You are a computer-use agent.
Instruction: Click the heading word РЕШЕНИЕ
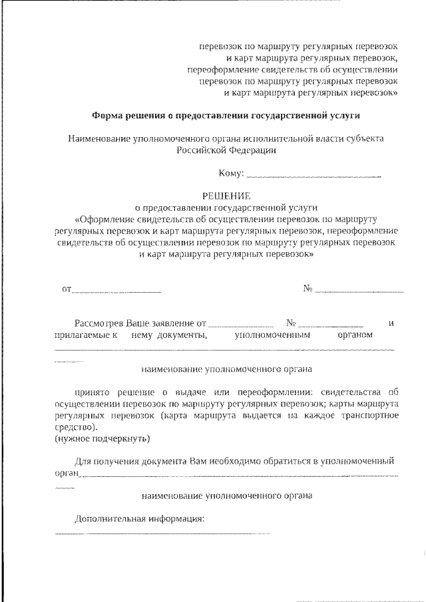point(226,196)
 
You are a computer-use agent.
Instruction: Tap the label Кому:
point(232,174)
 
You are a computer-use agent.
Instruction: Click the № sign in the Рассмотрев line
point(290,323)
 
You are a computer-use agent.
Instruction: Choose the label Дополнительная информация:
point(139,518)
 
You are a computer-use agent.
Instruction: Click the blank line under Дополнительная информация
point(162,533)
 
